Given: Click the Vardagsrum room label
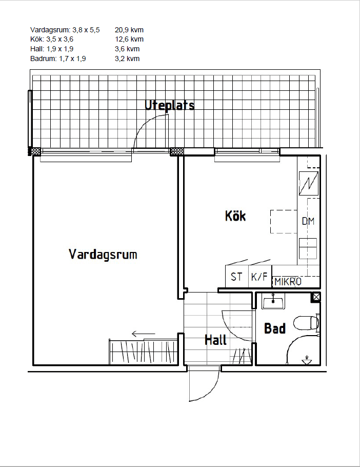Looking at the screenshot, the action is coord(103,255).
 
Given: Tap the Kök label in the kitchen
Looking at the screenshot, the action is coord(235,216).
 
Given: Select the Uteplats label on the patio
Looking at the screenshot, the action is coord(169,105).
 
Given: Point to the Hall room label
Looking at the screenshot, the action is coord(215,340).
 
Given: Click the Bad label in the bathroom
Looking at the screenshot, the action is coord(275,328).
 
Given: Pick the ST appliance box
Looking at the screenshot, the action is coord(237,276).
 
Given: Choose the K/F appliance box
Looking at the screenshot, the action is coord(259,276).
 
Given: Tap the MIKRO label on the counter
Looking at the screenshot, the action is coord(288,281).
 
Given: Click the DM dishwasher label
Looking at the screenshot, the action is coord(308,221).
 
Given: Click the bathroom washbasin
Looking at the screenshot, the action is coord(273,301).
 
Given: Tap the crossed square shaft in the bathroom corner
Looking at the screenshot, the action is coord(316,297).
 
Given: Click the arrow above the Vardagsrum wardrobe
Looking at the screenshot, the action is coord(144,334).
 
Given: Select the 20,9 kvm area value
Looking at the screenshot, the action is coord(129,30).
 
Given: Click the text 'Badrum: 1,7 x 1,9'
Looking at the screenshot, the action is coord(58,59).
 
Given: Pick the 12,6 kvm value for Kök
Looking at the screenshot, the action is coord(129,39).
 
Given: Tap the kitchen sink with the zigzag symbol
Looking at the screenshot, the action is coord(309,184).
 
